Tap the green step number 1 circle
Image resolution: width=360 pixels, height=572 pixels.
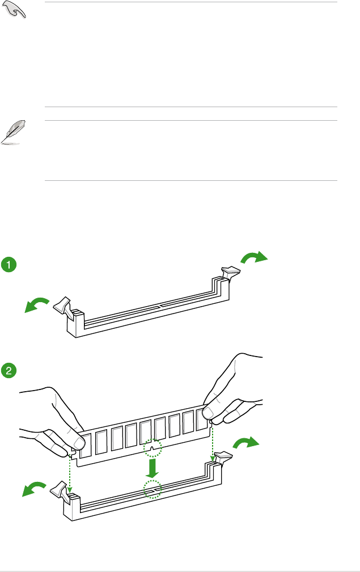pos(9,264)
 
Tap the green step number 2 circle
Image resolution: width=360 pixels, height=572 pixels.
pos(9,371)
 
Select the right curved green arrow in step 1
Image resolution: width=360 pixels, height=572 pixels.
pos(253,259)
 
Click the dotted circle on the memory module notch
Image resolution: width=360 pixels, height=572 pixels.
pos(152,448)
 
